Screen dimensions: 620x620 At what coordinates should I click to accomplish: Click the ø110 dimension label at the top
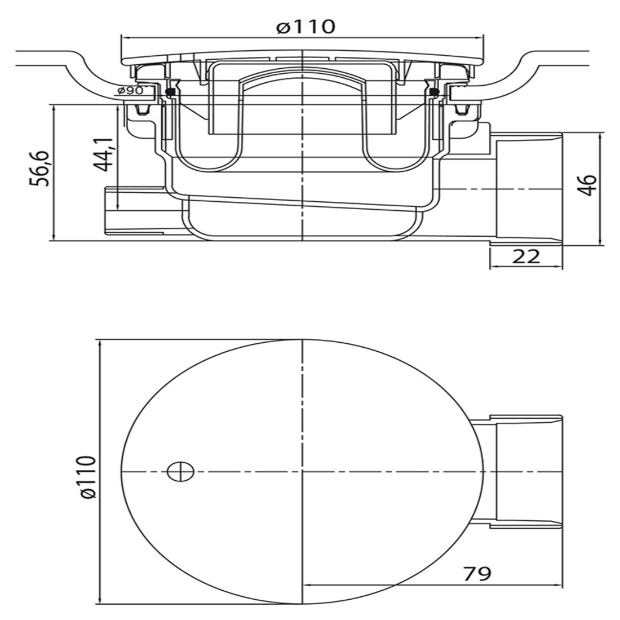[x=305, y=26]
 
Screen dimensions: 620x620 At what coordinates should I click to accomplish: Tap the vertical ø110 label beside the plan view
[x=87, y=477]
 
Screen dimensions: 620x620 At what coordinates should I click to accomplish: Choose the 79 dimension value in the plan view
[x=477, y=573]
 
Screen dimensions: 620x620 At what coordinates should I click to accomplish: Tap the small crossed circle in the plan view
[x=181, y=472]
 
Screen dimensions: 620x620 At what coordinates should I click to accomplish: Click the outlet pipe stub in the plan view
[x=522, y=472]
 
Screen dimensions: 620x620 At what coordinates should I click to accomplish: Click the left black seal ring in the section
[x=171, y=94]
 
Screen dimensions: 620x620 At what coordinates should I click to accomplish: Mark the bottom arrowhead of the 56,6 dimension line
[x=52, y=237]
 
